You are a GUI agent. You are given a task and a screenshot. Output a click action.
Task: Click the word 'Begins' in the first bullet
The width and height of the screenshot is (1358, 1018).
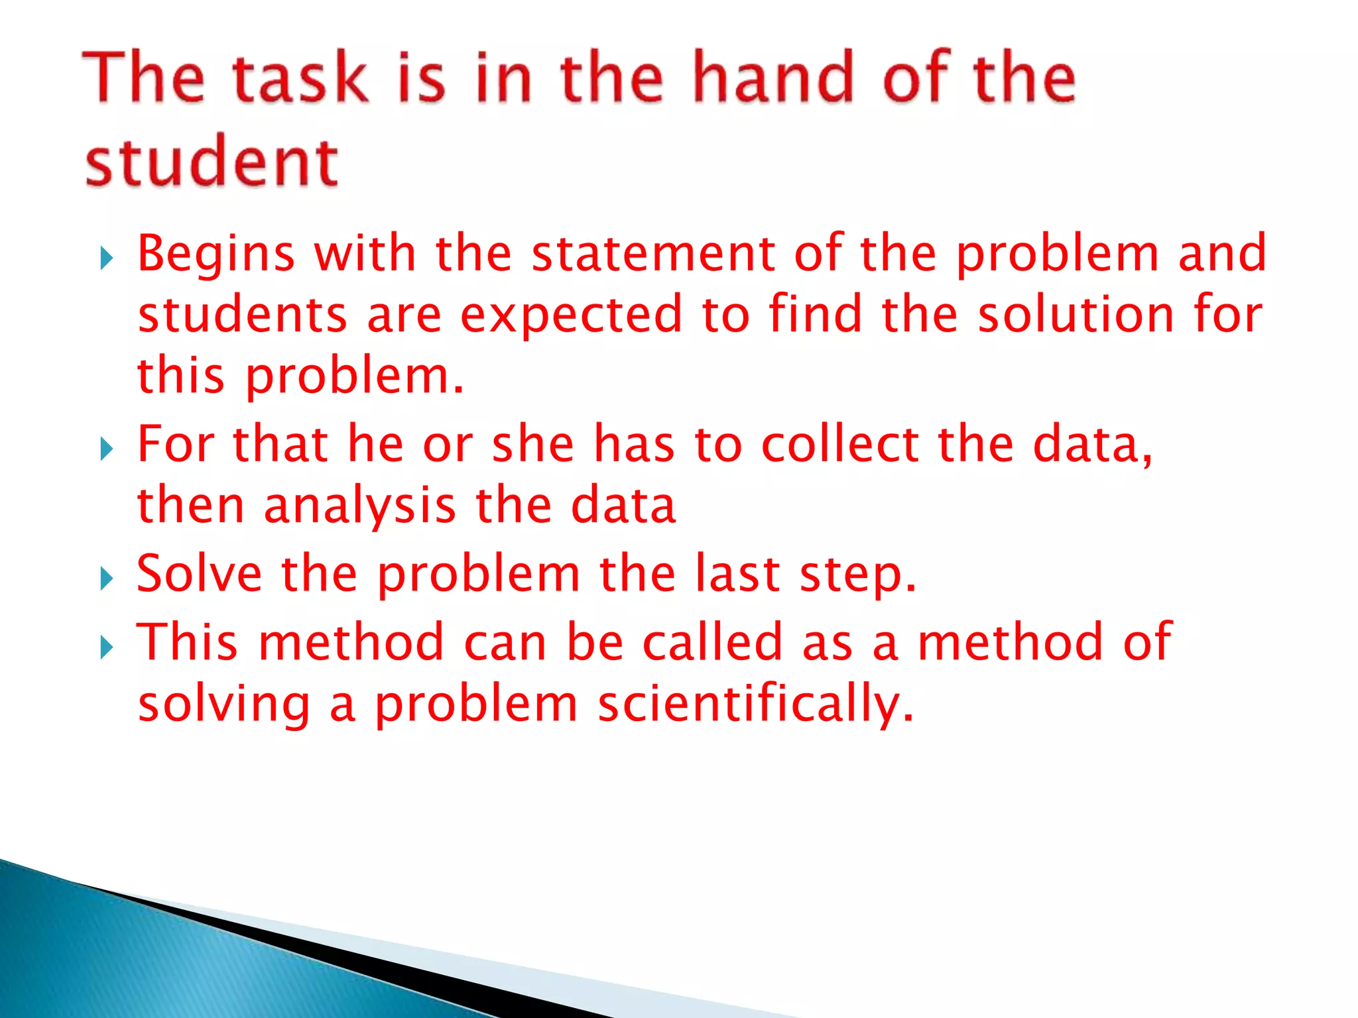point(216,254)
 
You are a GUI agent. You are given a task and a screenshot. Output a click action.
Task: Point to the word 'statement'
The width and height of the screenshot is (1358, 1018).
point(653,253)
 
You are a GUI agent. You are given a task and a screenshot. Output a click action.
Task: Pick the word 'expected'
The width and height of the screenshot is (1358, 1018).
point(571,314)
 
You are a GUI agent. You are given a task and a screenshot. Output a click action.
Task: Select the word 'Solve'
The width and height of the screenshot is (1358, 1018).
point(199,573)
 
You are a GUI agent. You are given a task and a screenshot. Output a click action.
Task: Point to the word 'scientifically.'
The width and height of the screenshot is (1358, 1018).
point(756,704)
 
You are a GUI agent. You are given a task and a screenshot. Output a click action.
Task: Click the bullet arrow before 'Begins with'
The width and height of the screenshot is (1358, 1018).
point(107,258)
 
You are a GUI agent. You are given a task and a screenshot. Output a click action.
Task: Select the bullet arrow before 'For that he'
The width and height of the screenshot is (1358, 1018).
point(107,449)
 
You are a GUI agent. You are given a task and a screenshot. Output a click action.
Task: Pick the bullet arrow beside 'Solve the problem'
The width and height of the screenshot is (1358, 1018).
point(107,578)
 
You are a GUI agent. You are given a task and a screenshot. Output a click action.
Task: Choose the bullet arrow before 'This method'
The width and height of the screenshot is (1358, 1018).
point(107,647)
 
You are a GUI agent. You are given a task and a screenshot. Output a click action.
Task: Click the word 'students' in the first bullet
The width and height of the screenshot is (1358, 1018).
point(243,314)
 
